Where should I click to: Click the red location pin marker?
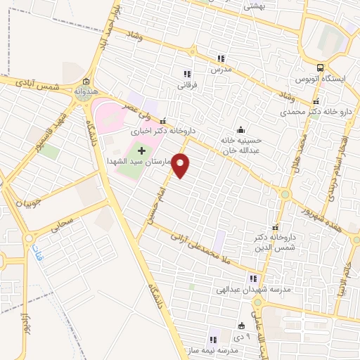pyautogui.click(x=181, y=165)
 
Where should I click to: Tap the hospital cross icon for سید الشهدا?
pyautogui.click(x=142, y=150)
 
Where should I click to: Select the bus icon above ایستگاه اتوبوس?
pyautogui.click(x=321, y=68)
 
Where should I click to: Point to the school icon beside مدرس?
pyautogui.click(x=221, y=59)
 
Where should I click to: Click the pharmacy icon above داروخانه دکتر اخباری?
pyautogui.click(x=163, y=120)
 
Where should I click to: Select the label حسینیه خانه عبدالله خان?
pyautogui.click(x=241, y=144)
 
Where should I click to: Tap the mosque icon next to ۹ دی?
pyautogui.click(x=242, y=326)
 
